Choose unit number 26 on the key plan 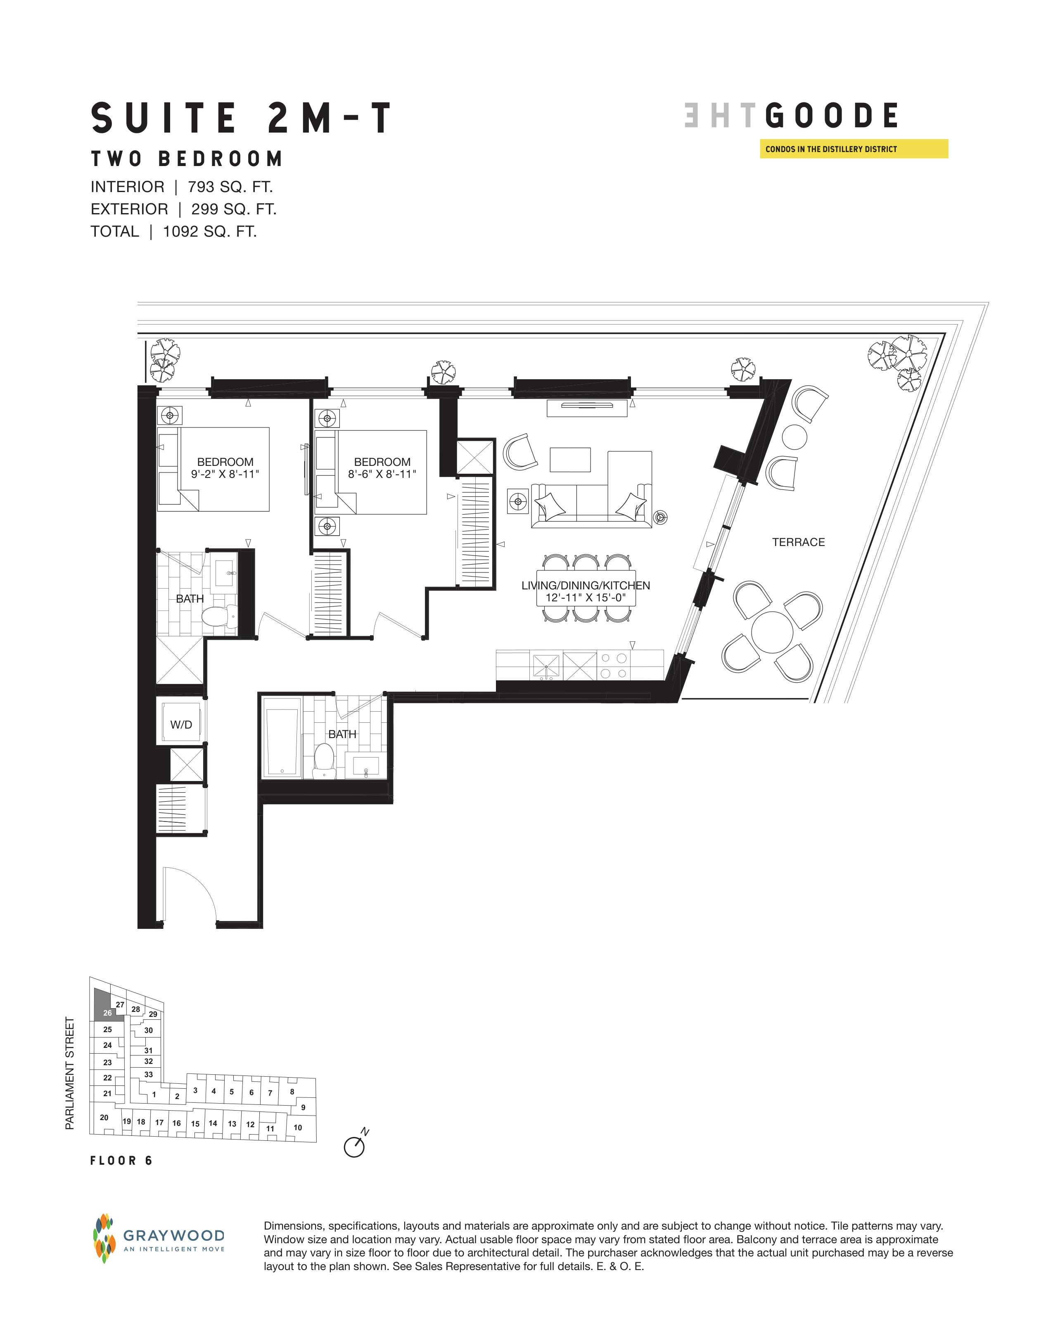tap(107, 1013)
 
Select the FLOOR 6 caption tap(121, 1161)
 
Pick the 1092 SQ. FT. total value tap(210, 231)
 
